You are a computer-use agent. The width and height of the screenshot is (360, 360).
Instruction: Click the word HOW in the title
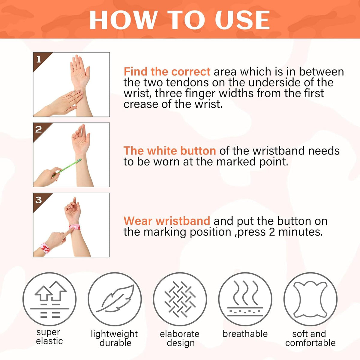coord(122,20)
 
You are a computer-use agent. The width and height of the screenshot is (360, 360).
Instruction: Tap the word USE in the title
coord(242,20)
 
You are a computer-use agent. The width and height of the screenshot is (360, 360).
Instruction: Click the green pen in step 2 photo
coord(67,168)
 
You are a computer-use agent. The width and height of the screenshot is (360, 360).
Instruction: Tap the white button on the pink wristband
coord(74,227)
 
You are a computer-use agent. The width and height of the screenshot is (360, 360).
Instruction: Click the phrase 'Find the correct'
coord(167,72)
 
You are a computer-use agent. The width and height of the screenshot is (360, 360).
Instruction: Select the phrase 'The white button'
coord(169,151)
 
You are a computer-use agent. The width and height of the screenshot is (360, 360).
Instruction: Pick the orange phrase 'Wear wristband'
coord(167,221)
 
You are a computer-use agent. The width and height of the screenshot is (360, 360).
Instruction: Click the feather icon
coord(115,298)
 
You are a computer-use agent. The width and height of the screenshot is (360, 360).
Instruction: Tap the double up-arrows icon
coord(51,291)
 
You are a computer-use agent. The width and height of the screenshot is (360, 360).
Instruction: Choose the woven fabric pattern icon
coord(180,299)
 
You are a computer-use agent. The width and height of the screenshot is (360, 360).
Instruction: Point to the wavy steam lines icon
coord(245,292)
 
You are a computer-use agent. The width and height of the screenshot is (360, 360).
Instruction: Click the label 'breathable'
coord(245,334)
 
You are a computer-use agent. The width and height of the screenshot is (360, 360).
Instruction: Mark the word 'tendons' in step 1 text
coord(187,82)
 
